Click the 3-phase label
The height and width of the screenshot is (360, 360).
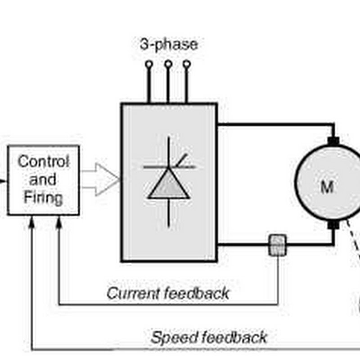tap(168, 45)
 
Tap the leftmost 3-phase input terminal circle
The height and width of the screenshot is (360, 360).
tap(148, 64)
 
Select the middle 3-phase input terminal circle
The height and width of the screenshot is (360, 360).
tap(168, 64)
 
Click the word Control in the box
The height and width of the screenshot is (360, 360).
tap(43, 161)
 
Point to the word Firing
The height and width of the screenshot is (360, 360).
tap(43, 197)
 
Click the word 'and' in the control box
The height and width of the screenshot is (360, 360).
tap(43, 180)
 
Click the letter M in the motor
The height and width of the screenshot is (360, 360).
tap(327, 187)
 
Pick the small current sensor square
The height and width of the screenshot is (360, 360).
tap(277, 245)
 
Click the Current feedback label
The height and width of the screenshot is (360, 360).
tap(168, 293)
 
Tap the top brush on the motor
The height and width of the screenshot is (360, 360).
tap(333, 141)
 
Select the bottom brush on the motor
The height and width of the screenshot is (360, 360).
tap(333, 224)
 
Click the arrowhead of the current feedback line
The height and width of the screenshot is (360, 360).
tap(58, 221)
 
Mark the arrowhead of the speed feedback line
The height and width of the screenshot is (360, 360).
tap(31, 221)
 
